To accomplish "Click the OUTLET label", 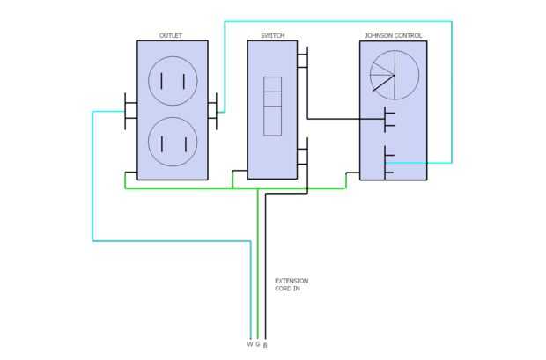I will pyautogui.click(x=171, y=36).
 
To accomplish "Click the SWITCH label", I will pyautogui.click(x=272, y=36).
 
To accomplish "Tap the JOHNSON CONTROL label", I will pyautogui.click(x=393, y=36).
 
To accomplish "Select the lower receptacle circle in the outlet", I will pyautogui.click(x=172, y=141).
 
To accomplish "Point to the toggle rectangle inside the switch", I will pyautogui.click(x=273, y=107).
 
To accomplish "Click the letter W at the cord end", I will pyautogui.click(x=249, y=343).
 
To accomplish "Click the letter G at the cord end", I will pyautogui.click(x=257, y=343).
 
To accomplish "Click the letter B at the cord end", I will pyautogui.click(x=265, y=344).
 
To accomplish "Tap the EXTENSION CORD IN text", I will pyautogui.click(x=291, y=284).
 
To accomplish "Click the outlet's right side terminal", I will pyautogui.click(x=212, y=111).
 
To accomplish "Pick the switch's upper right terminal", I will pyautogui.click(x=302, y=62).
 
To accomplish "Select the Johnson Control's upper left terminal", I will pyautogui.click(x=387, y=120).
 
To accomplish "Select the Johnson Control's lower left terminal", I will pyautogui.click(x=388, y=163).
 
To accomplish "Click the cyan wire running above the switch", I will pyautogui.click(x=335, y=22).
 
